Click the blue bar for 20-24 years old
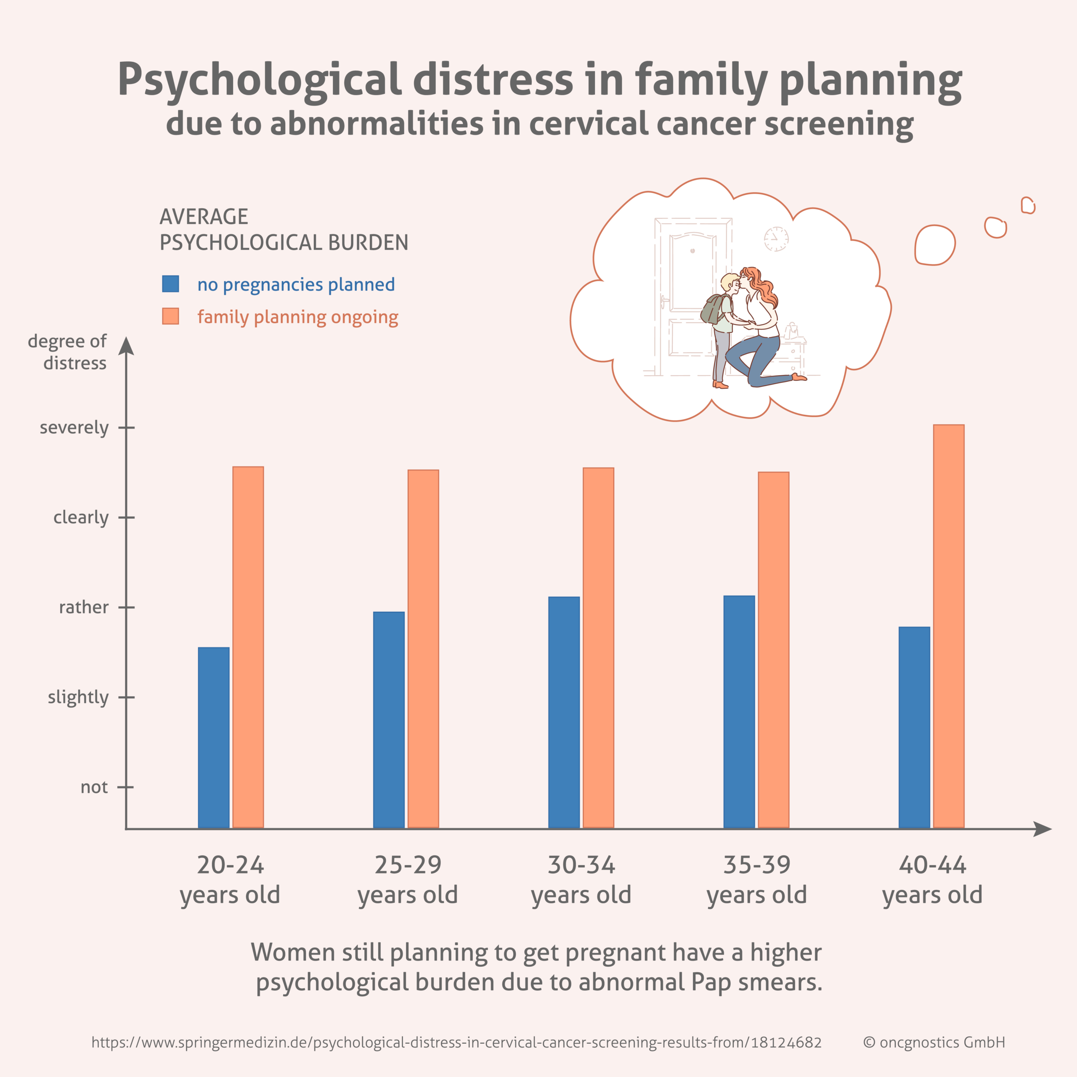[213, 737]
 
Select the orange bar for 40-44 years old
[948, 626]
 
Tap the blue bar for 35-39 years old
[739, 711]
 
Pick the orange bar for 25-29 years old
[423, 648]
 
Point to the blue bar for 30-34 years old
[564, 712]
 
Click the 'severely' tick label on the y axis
[74, 427]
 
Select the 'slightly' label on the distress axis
[78, 697]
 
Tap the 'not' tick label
[94, 787]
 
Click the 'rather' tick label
[84, 607]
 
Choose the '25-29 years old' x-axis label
[408, 880]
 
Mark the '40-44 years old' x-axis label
[932, 880]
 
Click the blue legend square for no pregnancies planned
[170, 284]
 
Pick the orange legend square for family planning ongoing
[170, 316]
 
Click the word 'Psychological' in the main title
[259, 80]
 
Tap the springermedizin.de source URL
[456, 1042]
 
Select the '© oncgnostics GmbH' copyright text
[934, 1042]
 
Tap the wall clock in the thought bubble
[776, 239]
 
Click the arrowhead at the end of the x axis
[1043, 829]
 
